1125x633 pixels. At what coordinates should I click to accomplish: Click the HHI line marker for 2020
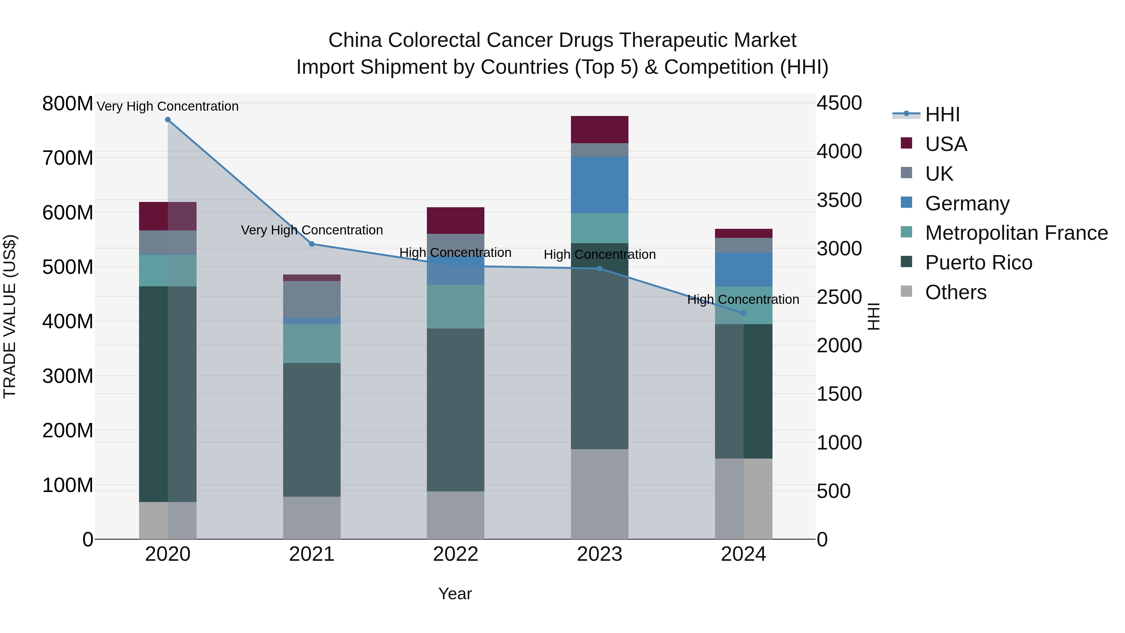tap(168, 120)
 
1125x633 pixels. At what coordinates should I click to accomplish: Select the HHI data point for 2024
tap(744, 313)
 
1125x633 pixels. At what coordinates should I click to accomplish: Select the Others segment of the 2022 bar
tap(456, 515)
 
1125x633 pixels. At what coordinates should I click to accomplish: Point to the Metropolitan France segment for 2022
tap(456, 307)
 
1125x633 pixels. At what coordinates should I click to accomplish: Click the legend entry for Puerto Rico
tap(978, 263)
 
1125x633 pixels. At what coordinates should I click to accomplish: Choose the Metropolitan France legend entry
tap(1016, 233)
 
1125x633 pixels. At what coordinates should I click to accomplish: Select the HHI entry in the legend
tap(942, 114)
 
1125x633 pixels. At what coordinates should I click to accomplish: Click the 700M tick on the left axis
tap(68, 158)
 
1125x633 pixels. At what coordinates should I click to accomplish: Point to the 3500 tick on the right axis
tap(839, 200)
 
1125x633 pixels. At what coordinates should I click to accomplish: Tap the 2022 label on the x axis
tap(456, 554)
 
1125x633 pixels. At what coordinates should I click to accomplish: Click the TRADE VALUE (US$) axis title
tap(10, 316)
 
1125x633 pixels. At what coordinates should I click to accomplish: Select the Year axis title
tap(455, 594)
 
